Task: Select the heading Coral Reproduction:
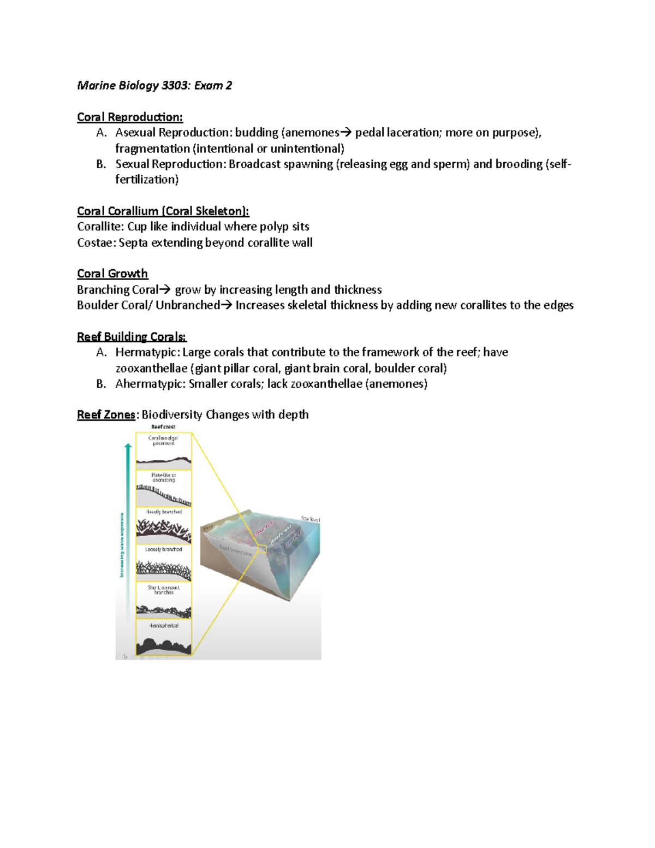pos(130,117)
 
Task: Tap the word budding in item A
pos(257,133)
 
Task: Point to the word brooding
pos(519,164)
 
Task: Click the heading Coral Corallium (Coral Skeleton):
pos(163,211)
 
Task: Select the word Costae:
pos(96,242)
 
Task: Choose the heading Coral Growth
pos(112,274)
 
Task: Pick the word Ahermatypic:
pos(150,384)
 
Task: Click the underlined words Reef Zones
pos(106,415)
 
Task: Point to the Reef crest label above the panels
pos(163,427)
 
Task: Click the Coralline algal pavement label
pos(163,441)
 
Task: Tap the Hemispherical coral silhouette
pos(163,645)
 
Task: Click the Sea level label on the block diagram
pos(310,519)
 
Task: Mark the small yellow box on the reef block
pos(262,549)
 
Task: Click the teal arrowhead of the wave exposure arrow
pos(128,447)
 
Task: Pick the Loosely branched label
pos(163,549)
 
